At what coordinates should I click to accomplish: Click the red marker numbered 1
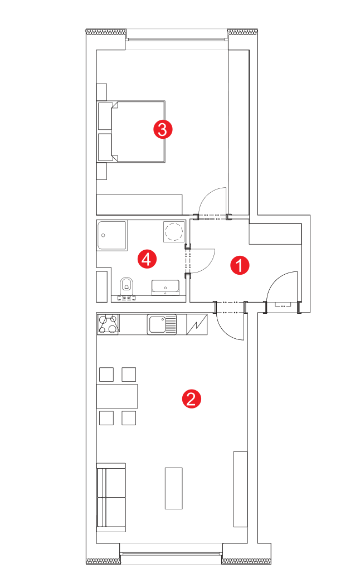tap(240, 265)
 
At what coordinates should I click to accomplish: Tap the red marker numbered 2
tap(192, 398)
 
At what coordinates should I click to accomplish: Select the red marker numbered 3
tap(163, 129)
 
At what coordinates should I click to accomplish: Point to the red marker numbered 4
tap(147, 259)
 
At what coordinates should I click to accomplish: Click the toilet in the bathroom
tap(127, 286)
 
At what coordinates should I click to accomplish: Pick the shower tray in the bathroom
tap(112, 235)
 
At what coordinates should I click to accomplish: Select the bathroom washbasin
tap(166, 288)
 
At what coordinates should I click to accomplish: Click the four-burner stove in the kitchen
tap(109, 324)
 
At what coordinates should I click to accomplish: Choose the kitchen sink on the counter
tap(162, 324)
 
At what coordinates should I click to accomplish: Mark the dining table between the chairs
tap(117, 396)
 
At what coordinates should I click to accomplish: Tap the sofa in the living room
tap(111, 498)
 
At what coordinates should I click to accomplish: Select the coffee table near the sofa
tap(173, 488)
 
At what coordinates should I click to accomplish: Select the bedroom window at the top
tap(177, 39)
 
